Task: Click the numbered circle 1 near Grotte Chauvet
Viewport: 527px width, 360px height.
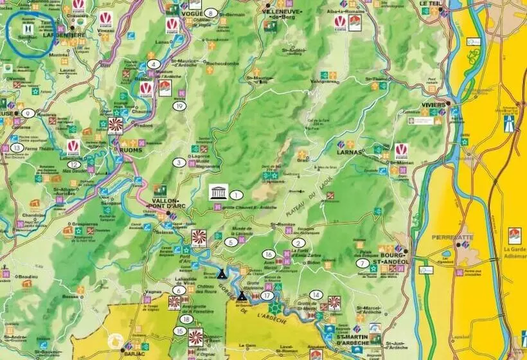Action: click(x=236, y=194)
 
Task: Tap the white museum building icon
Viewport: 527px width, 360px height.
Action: click(x=217, y=192)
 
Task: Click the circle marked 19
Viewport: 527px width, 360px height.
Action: click(x=180, y=106)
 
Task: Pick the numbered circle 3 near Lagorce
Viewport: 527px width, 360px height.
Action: click(x=179, y=163)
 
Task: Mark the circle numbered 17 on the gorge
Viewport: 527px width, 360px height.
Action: click(x=267, y=295)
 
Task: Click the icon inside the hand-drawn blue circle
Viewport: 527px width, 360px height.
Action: click(x=28, y=30)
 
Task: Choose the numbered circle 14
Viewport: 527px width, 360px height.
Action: click(x=315, y=294)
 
